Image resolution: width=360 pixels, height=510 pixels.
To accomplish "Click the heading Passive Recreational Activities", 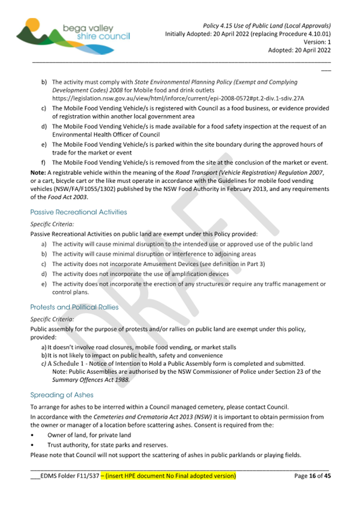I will (79, 212).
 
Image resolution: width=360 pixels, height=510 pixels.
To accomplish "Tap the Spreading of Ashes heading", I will (62, 395).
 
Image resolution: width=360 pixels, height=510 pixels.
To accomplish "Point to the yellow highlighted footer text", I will (170, 475).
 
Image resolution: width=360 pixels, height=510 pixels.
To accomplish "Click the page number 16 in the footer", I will (314, 475).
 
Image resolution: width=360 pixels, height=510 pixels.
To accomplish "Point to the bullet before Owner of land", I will (33, 435).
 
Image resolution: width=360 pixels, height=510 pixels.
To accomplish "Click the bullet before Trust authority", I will (33, 444).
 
